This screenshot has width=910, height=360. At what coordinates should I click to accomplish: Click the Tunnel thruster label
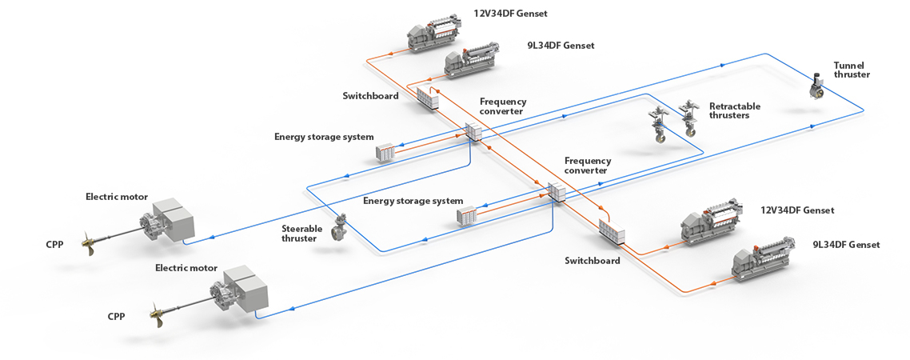tap(851, 70)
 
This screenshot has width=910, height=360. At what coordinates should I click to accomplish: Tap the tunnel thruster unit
tap(816, 87)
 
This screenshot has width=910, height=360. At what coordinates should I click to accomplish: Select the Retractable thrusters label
tap(734, 110)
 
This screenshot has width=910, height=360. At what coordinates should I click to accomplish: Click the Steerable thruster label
tap(302, 233)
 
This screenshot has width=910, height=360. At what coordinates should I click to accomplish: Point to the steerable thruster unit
tap(339, 230)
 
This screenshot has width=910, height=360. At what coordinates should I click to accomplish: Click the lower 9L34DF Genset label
tap(845, 244)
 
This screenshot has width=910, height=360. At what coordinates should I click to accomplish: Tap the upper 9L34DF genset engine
tap(472, 62)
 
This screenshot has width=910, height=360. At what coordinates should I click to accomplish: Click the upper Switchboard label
tap(370, 96)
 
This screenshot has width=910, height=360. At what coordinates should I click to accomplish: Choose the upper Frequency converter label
tap(502, 106)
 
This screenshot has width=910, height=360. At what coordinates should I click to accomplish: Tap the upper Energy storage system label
tap(324, 137)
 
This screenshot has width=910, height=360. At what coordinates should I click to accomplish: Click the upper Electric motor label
tap(118, 196)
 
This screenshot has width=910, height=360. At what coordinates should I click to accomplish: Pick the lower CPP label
tap(117, 316)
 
